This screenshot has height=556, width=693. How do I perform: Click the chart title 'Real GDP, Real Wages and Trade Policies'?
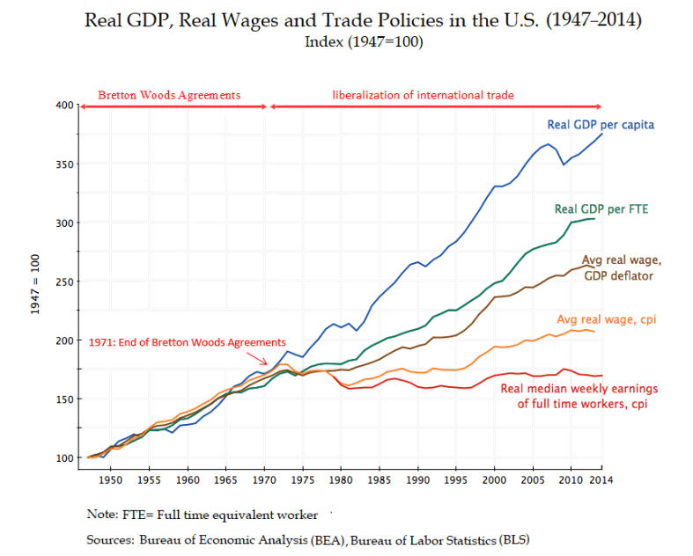point(362,19)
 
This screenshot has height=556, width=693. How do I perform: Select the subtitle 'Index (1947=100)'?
point(362,41)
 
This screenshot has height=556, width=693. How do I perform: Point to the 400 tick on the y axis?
point(63,106)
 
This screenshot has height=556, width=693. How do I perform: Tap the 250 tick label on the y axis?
point(63,282)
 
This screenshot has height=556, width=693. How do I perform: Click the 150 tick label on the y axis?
point(63,399)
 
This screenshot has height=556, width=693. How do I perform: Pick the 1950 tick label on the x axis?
point(110,481)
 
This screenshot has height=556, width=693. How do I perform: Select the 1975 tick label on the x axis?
point(303,481)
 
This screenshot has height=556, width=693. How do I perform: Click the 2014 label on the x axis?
point(601,481)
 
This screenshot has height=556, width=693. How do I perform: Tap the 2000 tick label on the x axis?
point(496,481)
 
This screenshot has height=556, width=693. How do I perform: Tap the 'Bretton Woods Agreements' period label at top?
point(168,94)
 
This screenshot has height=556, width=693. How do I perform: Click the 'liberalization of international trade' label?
point(422,94)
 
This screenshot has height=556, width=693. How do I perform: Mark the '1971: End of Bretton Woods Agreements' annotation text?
point(187,341)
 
